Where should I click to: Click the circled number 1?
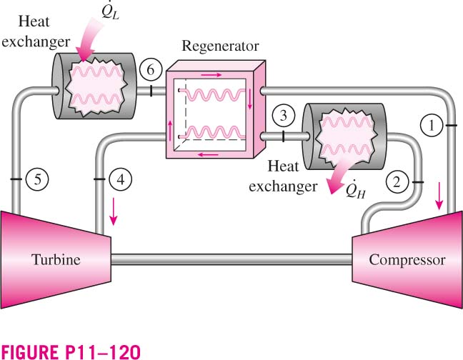[431, 126]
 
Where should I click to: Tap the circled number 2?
[397, 182]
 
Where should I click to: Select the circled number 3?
[284, 116]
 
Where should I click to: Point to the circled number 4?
[121, 179]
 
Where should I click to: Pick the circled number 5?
[37, 179]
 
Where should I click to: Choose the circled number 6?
[151, 70]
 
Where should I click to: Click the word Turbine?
[56, 260]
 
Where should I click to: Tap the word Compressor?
[407, 260]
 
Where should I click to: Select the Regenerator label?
[220, 46]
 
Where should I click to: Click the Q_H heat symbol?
[356, 189]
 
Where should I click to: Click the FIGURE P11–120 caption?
[71, 351]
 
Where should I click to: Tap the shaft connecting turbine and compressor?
[231, 259]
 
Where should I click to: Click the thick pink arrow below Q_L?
[88, 40]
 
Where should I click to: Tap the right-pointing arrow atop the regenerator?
[211, 75]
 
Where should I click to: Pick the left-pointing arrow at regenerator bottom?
[208, 154]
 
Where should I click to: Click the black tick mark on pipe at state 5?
[16, 179]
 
